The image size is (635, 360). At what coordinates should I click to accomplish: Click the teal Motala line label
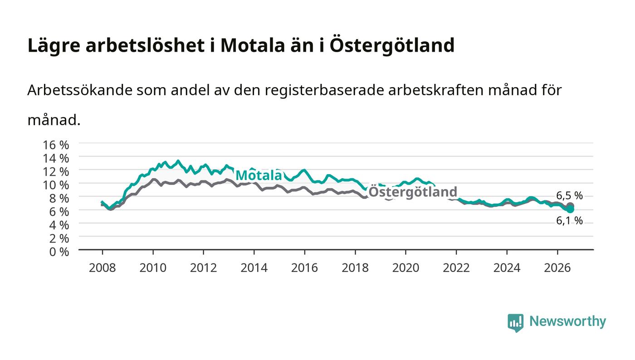(x=259, y=175)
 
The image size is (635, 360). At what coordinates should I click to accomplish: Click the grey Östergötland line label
(x=413, y=192)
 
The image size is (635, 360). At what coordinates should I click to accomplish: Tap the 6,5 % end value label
(x=569, y=195)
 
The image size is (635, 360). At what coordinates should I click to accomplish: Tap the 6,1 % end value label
(x=569, y=220)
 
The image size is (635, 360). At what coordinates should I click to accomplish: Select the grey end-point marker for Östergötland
(x=570, y=206)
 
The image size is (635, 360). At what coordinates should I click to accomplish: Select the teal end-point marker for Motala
(x=570, y=209)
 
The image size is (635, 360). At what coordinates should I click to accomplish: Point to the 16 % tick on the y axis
(x=56, y=145)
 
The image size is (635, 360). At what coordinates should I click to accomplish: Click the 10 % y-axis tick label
(x=56, y=185)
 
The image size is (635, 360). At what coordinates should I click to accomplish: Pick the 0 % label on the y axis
(x=59, y=252)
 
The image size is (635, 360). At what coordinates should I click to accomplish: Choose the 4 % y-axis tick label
(x=59, y=225)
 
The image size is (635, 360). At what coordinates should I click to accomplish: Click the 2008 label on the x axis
(x=103, y=268)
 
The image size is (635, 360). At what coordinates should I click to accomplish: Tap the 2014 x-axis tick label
(x=254, y=268)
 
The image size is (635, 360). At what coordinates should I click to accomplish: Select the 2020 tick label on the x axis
(x=405, y=268)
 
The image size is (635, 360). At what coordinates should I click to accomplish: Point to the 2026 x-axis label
(x=557, y=268)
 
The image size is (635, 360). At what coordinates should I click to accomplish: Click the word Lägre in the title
(x=54, y=45)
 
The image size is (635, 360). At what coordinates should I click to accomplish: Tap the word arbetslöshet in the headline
(x=145, y=45)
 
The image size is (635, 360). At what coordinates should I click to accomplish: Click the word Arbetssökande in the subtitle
(x=80, y=90)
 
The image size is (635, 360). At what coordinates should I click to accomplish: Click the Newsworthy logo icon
(x=515, y=322)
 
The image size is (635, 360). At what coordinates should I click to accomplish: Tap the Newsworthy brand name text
(x=568, y=321)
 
